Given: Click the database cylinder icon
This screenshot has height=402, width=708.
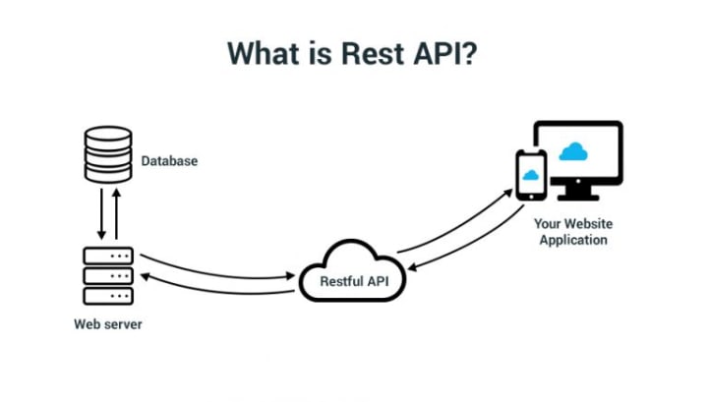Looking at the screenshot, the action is pos(108,154).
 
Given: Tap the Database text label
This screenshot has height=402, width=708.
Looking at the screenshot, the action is pos(169,161).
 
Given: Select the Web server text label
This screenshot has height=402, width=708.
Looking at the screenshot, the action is pos(108,324).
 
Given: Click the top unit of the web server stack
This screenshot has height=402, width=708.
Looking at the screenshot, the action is pos(108,256).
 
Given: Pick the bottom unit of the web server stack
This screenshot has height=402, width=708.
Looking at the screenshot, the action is pos(108,296).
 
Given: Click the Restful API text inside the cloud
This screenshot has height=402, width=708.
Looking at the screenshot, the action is pos(354,281).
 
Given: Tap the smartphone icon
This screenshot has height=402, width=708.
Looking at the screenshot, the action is pos(531,175).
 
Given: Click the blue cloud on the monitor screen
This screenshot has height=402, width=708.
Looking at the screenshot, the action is pos(573,151).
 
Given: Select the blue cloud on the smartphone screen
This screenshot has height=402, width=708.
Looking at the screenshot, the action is pos(531,175).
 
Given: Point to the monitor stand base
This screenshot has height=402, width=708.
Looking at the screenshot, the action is pos(578,198).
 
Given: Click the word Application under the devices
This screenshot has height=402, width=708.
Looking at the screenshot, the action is pos(573,240).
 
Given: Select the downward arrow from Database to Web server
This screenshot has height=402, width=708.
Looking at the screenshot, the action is pos(101,214).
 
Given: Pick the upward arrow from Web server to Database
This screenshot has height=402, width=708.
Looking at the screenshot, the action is pos(116,214).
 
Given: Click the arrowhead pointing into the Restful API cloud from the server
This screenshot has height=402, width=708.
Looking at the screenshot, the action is pos(291,275).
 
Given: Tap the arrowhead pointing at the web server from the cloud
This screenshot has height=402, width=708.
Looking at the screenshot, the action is pos(145,276).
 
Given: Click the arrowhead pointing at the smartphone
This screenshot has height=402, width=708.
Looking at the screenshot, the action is pos(508,193).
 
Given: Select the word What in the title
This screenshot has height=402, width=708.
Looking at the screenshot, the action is pos(263,53).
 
